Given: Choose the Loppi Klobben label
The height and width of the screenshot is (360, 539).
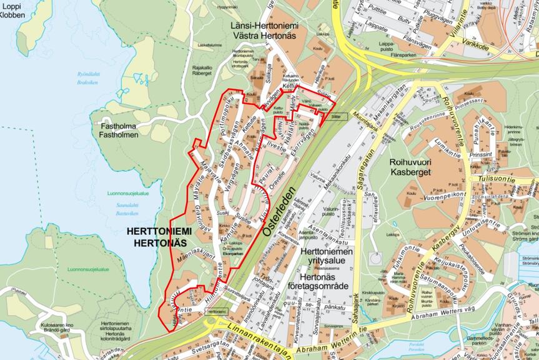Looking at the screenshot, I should pos(13,11).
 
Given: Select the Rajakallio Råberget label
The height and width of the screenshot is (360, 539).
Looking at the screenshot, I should pos(204,69).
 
